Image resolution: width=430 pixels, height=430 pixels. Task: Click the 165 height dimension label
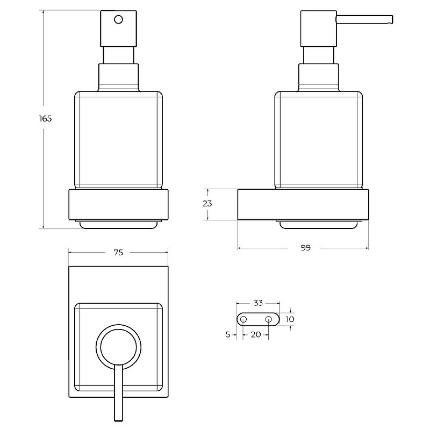tap(46, 119)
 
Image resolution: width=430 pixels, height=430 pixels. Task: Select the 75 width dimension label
tap(118, 253)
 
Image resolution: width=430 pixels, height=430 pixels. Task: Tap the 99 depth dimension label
tap(305, 248)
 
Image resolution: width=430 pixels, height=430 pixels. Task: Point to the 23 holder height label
tap(207, 204)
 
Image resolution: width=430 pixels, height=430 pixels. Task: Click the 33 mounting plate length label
tap(258, 303)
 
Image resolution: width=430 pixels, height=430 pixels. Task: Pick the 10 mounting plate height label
tap(290, 319)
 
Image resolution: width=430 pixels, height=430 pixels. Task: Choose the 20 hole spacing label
tap(256, 334)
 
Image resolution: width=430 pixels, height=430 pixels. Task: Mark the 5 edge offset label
tap(227, 334)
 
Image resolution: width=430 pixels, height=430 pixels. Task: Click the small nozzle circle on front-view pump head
tap(118, 20)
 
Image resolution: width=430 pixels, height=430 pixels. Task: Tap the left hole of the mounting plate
tap(243, 319)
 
